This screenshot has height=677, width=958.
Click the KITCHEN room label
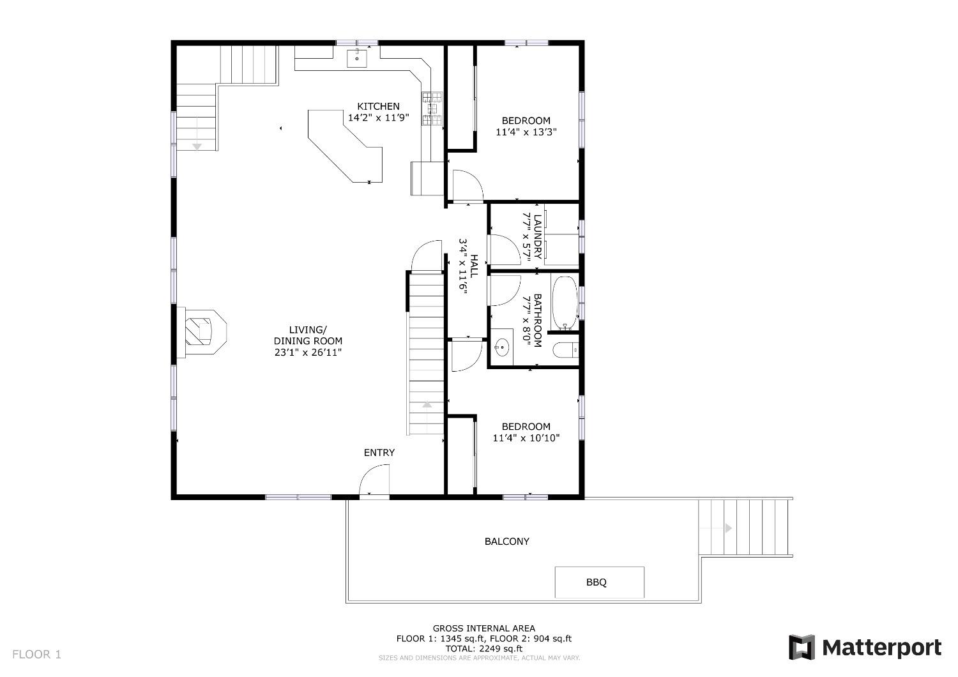378,106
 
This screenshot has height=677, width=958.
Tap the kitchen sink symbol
356,57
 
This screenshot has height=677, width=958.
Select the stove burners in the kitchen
432,108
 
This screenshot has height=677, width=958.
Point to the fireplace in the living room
201,332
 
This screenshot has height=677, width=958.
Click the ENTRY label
379,452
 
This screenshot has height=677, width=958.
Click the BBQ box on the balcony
599,582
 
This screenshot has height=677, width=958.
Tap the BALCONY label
507,542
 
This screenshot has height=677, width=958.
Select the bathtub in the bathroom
565,303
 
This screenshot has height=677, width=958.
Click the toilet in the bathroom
565,351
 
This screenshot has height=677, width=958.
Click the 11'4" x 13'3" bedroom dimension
526,132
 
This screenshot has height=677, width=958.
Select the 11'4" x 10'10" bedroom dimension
526,438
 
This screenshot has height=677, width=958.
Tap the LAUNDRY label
538,236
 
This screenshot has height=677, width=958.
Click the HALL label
475,266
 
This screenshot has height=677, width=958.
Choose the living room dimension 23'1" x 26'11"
308,353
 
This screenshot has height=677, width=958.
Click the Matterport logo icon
802,647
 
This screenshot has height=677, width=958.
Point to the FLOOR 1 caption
37,655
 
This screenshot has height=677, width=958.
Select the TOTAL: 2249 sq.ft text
483,648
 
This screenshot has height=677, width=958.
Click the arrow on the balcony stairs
728,528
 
